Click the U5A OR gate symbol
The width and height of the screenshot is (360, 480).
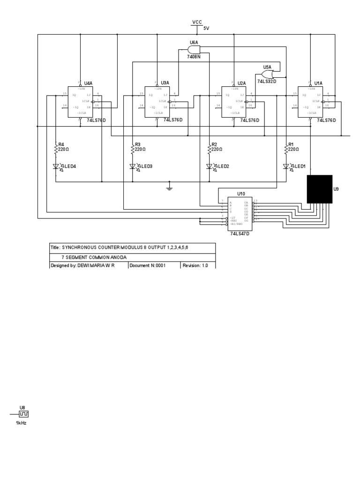pos(267,73)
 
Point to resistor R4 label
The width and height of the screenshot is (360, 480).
pos(61,144)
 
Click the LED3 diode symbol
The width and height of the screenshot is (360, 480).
pos(133,166)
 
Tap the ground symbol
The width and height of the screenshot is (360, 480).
pos(170,188)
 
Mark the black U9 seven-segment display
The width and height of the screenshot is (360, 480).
pos(320,189)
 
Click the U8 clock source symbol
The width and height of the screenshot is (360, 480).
pos(23,414)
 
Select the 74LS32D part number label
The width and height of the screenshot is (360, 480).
pos(267,82)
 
